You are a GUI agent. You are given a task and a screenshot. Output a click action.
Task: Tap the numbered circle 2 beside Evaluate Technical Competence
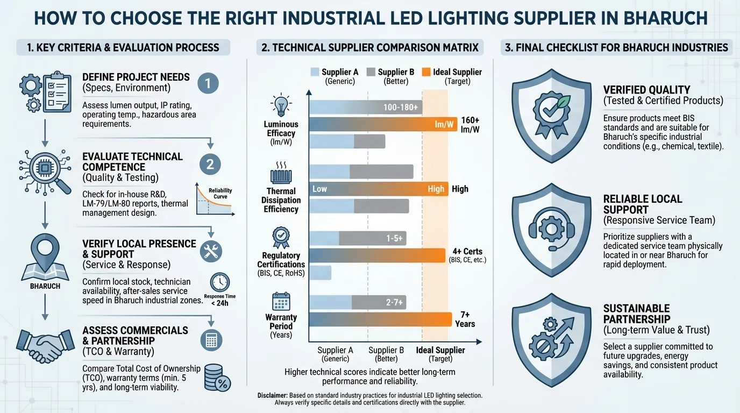(x=210, y=164)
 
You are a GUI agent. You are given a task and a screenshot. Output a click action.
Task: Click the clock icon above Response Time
(x=220, y=282)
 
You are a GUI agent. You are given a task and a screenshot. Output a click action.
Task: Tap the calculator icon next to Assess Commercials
(x=211, y=340)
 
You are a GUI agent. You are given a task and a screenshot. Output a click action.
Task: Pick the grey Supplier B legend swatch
(x=371, y=72)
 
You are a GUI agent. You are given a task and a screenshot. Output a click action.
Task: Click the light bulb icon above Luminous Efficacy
(x=281, y=105)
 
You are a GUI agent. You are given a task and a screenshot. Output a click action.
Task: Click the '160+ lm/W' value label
(x=469, y=125)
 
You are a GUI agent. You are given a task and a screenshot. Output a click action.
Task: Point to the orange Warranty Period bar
(x=380, y=319)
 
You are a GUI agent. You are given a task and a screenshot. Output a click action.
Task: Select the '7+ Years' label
(x=465, y=319)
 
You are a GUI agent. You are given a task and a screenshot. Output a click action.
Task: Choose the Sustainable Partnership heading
(x=636, y=314)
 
